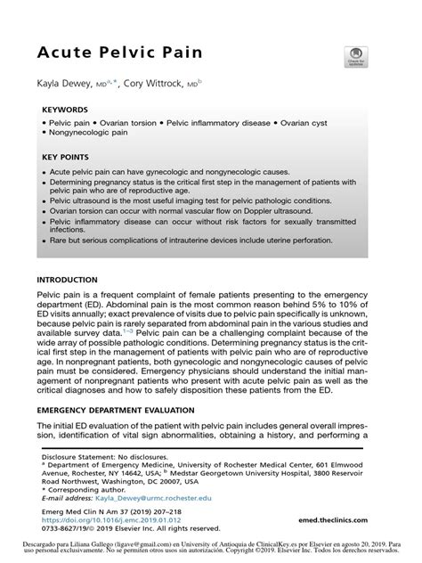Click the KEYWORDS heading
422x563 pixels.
[x=64, y=112]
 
